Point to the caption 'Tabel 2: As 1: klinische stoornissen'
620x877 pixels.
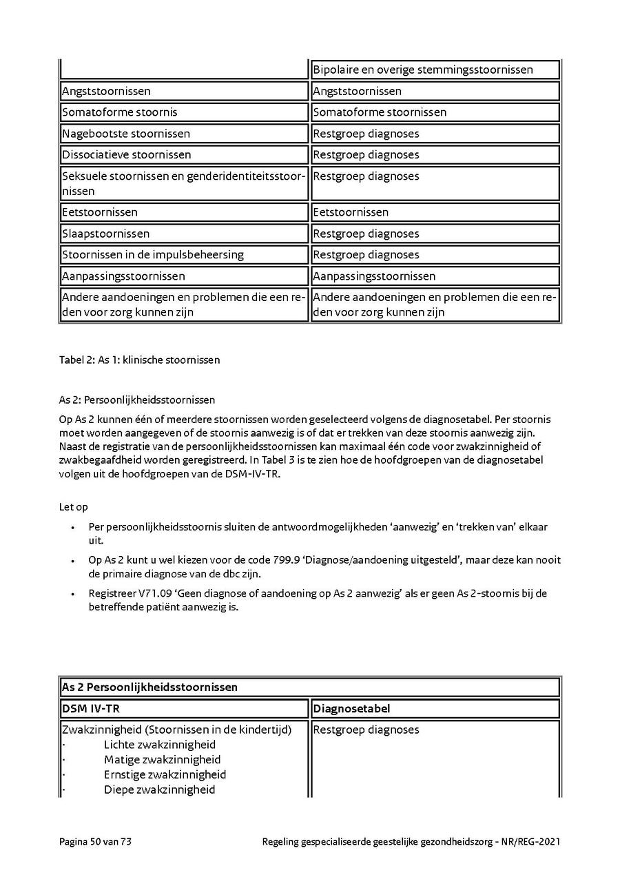[x=140, y=360]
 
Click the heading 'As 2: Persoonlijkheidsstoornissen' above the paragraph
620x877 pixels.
[x=137, y=400]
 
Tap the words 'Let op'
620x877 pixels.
[x=74, y=507]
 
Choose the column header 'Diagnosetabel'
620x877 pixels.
[x=348, y=708]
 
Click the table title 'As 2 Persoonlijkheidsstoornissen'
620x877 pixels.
[x=149, y=687]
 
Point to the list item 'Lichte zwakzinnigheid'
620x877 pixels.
[x=159, y=745]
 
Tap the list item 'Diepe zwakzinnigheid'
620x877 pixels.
[x=159, y=790]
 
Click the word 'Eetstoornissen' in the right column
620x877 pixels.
[x=351, y=212]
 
